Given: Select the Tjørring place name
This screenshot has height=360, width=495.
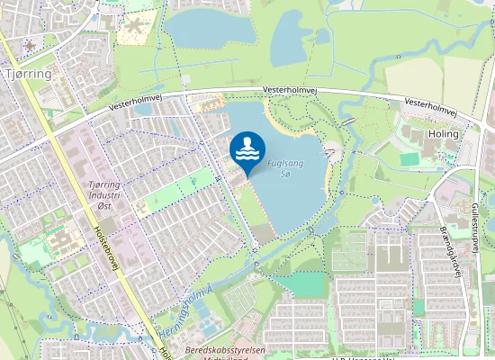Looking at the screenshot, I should pos(28,72).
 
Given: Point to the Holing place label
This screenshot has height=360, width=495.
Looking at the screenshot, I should pos(445,133).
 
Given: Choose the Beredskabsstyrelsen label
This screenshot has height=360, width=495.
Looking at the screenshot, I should pos(220,349).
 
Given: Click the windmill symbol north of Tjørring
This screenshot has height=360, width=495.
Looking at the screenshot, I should pos(31,45).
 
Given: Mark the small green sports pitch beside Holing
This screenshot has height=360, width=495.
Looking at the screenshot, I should pos(410,158).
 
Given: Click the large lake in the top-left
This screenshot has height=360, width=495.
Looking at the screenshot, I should pos(210,30).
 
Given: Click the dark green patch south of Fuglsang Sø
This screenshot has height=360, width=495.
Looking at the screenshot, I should pos(307,285).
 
